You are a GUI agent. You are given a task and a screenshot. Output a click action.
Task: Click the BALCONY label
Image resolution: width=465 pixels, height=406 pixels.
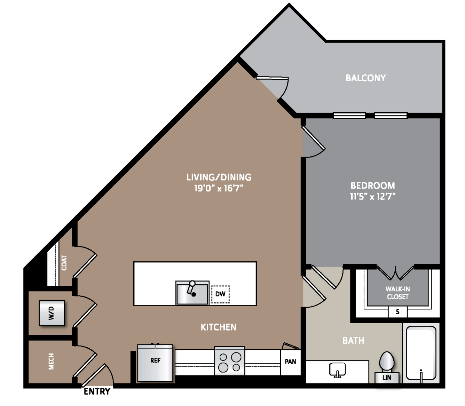tap(365, 78)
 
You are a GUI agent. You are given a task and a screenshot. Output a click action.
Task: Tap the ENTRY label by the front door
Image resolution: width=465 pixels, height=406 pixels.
tap(97, 391)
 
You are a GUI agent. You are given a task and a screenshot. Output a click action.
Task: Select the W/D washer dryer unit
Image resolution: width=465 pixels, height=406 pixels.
tap(52, 313)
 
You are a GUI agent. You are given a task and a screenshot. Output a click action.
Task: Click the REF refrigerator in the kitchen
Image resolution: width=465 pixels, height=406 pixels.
tap(155, 363)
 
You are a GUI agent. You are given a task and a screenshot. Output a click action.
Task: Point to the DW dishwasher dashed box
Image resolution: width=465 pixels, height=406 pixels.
tap(220, 294)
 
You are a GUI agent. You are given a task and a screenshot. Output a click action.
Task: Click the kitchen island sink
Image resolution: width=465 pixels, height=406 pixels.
tap(192, 293)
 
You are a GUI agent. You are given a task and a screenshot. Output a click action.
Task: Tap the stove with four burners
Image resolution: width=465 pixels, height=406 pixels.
tap(230, 361)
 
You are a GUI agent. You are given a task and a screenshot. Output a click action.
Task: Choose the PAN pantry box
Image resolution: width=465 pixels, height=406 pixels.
tap(291, 362)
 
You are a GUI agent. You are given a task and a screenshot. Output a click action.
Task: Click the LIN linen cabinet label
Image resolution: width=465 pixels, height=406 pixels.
tap(387, 377)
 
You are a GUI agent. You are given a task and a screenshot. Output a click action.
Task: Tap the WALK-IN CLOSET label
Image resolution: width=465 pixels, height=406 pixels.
tap(398, 293)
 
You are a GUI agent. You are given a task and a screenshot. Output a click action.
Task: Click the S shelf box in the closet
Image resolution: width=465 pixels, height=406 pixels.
tap(397, 312)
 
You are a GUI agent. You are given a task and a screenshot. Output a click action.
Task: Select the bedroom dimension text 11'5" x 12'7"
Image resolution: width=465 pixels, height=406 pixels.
tap(373, 196)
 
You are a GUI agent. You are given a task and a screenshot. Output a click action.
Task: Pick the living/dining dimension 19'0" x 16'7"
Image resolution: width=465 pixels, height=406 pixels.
tap(219, 188)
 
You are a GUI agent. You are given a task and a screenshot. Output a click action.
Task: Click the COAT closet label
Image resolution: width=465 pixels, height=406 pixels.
tap(64, 263)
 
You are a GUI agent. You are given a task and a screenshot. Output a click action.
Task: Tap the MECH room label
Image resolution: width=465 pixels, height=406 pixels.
tap(52, 361)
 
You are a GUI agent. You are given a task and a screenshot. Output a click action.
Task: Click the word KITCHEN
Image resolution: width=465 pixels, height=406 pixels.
tap(219, 327)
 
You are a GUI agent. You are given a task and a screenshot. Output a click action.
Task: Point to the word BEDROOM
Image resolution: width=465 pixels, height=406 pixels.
tap(373, 185)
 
